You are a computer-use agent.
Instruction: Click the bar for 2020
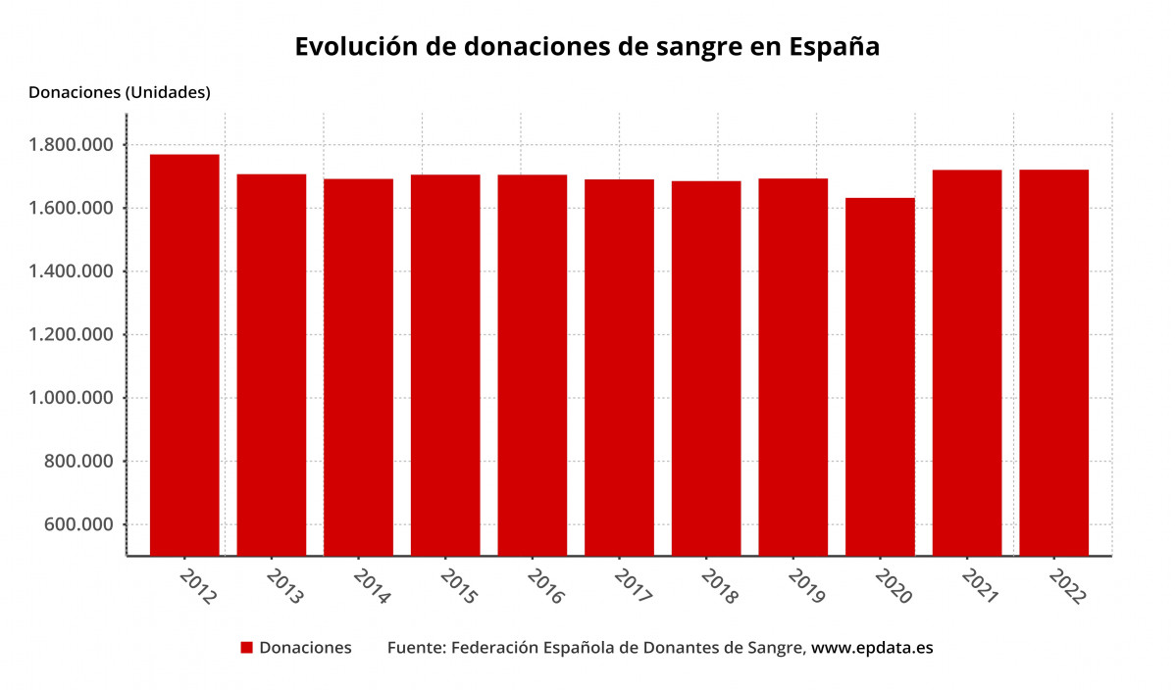click(x=880, y=376)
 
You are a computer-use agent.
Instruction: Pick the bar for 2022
click(x=1053, y=362)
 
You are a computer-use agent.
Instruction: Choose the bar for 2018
click(x=706, y=368)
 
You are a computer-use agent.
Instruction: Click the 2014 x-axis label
click(x=372, y=585)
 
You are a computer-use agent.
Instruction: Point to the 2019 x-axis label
click(x=806, y=585)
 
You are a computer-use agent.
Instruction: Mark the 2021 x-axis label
click(x=980, y=585)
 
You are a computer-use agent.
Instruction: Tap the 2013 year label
click(x=284, y=585)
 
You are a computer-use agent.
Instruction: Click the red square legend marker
click(x=247, y=648)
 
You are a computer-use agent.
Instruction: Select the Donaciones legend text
click(x=305, y=648)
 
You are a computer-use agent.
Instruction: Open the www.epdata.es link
click(x=872, y=648)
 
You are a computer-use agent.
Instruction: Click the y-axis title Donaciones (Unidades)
click(x=120, y=93)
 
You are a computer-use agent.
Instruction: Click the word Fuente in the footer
click(x=415, y=648)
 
